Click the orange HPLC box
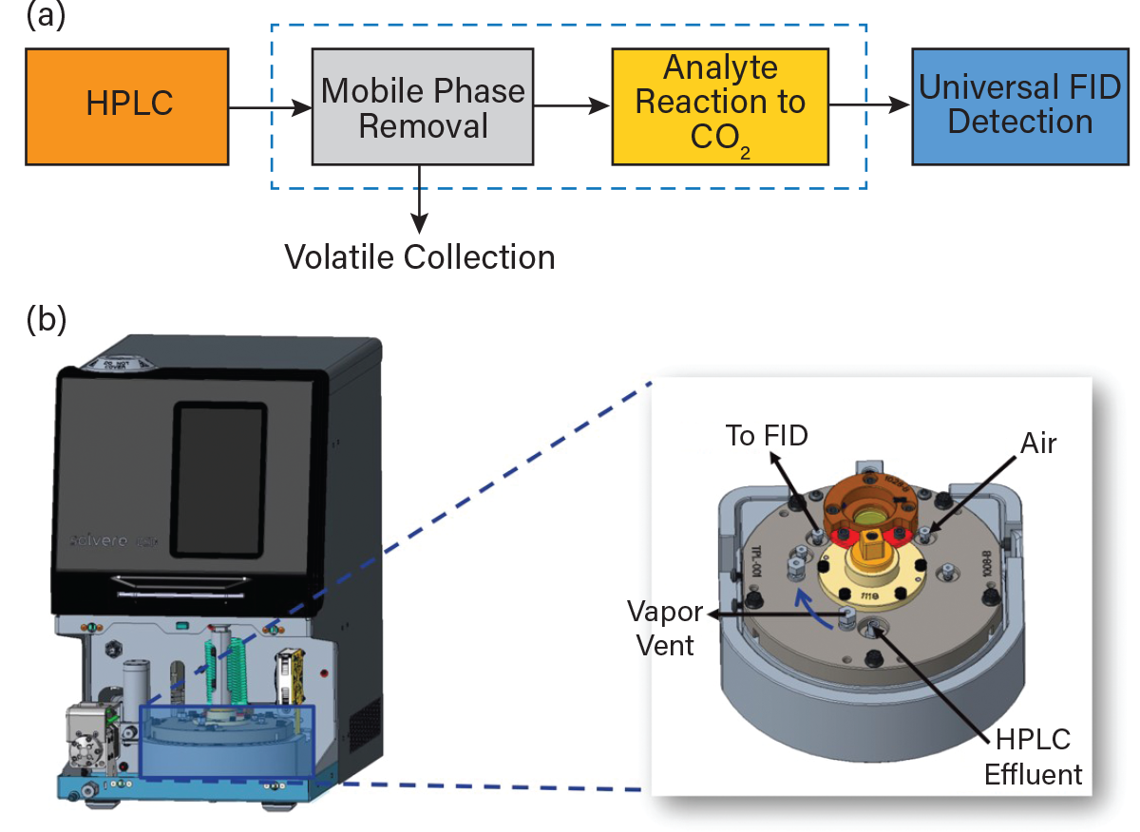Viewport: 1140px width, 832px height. tap(127, 106)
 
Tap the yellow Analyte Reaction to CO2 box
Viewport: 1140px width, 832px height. tap(720, 105)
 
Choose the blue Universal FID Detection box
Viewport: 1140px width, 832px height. tap(1020, 105)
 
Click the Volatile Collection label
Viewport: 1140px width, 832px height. tap(420, 256)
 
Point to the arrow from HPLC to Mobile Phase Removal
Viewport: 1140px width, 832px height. tap(271, 107)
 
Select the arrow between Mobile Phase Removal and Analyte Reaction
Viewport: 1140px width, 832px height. tap(572, 106)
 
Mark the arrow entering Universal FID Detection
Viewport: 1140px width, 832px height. tap(870, 106)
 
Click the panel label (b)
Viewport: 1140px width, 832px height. tap(47, 319)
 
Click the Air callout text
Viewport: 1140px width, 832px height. tap(1037, 443)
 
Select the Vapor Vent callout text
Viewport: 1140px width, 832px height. tap(664, 629)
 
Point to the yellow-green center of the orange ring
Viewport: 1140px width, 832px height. tap(870, 517)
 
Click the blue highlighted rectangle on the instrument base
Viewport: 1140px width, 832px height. tap(226, 741)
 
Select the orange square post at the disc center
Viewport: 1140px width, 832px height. tap(870, 551)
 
